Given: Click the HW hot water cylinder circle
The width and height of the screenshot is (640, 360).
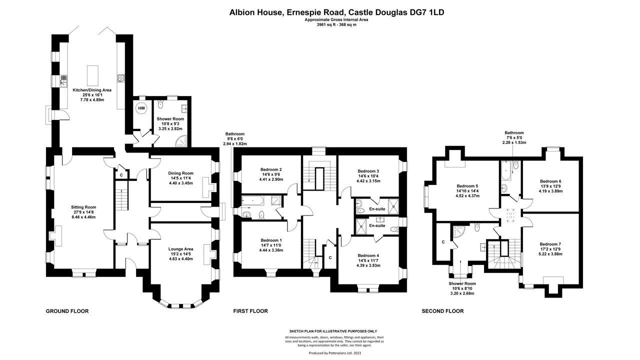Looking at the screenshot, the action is point(141,108).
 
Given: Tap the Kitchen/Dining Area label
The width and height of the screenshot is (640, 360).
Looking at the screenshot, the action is point(92,90).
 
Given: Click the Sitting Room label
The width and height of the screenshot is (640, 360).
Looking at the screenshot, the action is point(83,207).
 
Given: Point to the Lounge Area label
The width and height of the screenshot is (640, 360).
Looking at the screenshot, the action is point(181,249).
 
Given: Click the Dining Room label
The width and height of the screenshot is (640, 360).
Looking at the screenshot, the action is point(180,173).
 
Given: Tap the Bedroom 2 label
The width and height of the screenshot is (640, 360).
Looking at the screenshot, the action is point(271,169).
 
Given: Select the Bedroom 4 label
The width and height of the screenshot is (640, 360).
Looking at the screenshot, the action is point(368,255).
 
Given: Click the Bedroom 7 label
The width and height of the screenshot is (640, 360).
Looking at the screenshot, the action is point(550,244).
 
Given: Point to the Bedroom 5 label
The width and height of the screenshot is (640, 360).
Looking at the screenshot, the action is point(467,186).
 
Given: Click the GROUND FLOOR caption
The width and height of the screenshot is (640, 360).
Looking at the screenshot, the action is point(67,311).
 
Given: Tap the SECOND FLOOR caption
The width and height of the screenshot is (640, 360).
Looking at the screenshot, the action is point(443,311).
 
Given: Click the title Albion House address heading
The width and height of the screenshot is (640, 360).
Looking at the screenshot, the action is point(336,12).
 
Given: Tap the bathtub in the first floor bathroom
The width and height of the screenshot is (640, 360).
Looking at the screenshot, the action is point(252,201).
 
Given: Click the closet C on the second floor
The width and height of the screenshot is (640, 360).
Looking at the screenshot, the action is point(443,242).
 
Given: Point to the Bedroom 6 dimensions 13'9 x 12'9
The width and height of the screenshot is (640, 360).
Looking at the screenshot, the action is point(550,186).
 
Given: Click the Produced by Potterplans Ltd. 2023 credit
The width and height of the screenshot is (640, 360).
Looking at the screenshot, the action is point(335,353).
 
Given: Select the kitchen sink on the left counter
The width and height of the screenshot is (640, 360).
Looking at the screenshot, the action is point(63,81).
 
